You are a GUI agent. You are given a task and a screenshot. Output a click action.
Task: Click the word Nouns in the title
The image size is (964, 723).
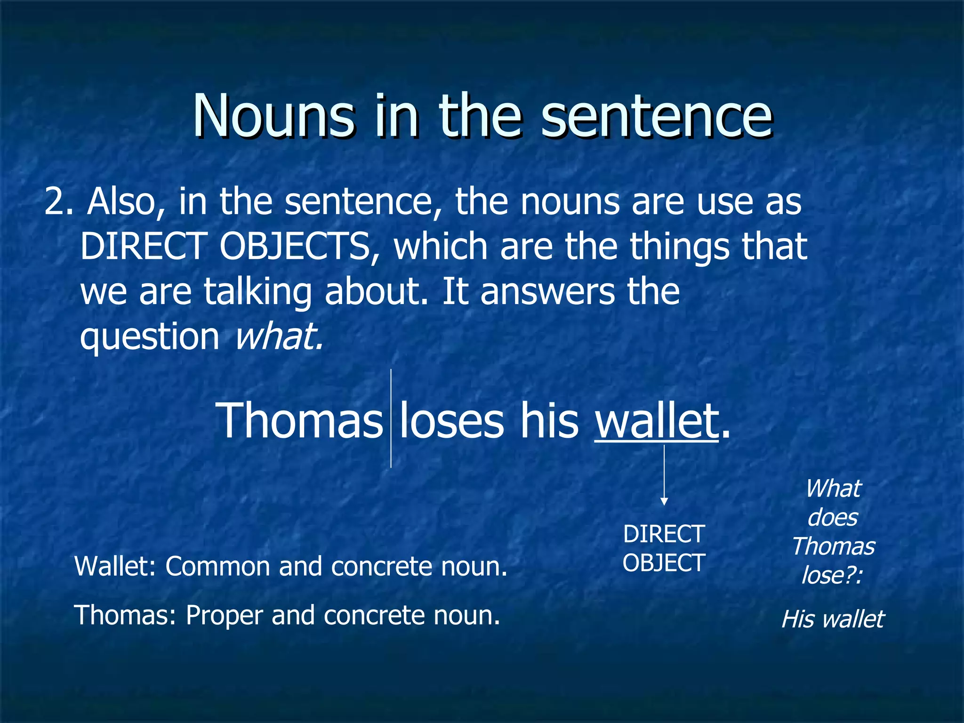[x=273, y=116]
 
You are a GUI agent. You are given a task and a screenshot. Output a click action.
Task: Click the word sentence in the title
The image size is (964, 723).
[x=656, y=116]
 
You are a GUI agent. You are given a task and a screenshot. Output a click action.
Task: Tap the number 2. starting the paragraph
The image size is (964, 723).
[x=59, y=202]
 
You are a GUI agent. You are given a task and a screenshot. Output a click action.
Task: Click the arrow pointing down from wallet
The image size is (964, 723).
[x=664, y=475]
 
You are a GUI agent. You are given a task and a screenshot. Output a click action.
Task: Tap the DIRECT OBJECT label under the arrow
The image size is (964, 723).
[x=664, y=548]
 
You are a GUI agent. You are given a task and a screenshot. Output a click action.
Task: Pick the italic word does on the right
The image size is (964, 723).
[x=833, y=517]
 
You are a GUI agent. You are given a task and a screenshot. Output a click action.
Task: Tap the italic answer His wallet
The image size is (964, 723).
[x=833, y=619]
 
